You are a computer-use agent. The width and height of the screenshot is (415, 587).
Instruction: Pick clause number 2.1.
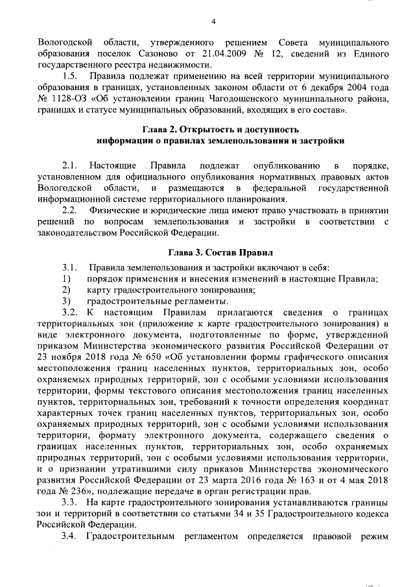point(71,167)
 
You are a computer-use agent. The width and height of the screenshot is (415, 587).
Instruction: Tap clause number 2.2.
point(71,211)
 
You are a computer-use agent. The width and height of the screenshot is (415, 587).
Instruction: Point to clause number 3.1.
point(71,267)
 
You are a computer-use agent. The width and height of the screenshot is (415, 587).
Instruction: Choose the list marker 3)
point(66,301)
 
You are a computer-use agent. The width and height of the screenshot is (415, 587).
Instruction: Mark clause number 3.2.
point(71,312)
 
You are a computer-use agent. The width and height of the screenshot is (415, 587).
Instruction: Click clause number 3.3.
point(71,503)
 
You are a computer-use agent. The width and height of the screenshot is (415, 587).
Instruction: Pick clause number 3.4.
point(71,536)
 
